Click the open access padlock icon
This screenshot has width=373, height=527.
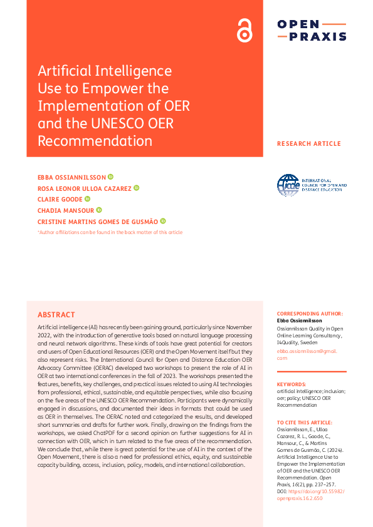[x=244, y=30]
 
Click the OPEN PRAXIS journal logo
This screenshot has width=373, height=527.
[x=312, y=30]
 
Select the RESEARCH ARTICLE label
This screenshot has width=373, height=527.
[x=309, y=144]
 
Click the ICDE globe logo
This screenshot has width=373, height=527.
[x=288, y=185]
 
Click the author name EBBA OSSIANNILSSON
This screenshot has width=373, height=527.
[x=72, y=177]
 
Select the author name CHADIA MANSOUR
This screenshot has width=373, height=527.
[x=66, y=210]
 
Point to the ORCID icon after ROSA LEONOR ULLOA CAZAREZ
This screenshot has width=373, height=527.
[x=136, y=188]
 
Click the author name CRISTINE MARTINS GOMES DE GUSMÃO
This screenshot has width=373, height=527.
[x=98, y=221]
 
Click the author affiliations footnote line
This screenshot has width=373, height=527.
[x=110, y=232]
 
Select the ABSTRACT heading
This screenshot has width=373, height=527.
[x=56, y=315]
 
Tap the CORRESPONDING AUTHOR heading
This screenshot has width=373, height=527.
[x=310, y=313]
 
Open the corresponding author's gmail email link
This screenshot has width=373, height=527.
[x=311, y=354]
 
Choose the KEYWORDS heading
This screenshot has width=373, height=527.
[x=292, y=384]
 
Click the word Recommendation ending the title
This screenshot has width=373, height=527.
[x=95, y=141]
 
